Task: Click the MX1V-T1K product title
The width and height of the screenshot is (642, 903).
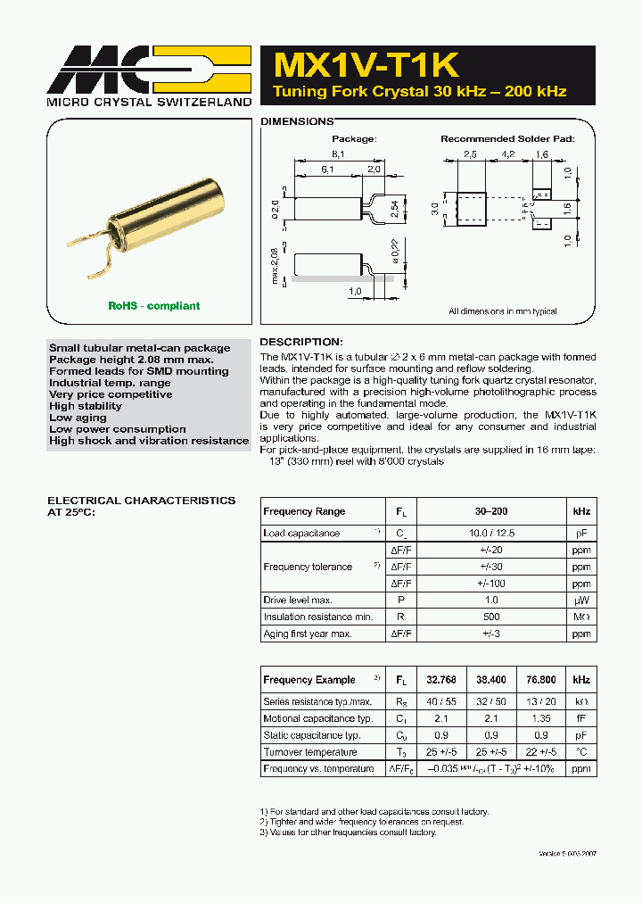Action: click(366, 65)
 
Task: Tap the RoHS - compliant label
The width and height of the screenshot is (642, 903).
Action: click(153, 306)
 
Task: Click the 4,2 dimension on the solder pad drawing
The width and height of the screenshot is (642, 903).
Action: click(508, 153)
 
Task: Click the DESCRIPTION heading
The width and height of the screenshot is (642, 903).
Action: click(300, 342)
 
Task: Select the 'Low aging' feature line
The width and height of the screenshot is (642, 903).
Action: click(78, 418)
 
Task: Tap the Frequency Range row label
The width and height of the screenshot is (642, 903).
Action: click(304, 511)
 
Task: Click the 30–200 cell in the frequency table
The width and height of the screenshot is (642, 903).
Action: click(491, 511)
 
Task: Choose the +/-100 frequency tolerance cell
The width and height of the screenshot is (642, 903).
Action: click(491, 584)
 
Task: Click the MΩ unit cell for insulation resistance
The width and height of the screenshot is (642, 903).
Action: click(581, 617)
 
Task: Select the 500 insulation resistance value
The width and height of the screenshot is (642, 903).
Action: click(491, 617)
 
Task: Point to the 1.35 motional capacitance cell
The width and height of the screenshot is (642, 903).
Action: click(540, 718)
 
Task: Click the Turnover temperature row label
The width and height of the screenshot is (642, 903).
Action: click(309, 752)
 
